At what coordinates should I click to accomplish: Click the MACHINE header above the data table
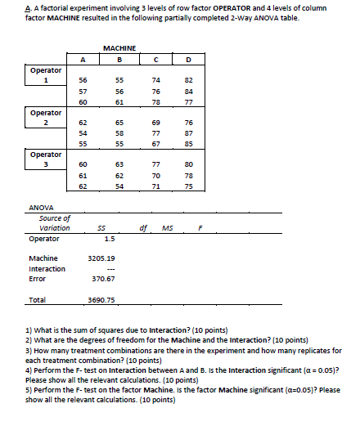[x=120, y=48]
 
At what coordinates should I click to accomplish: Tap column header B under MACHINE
[x=120, y=58]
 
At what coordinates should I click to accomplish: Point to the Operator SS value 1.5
[x=109, y=239]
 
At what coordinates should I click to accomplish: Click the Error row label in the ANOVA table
[x=37, y=278]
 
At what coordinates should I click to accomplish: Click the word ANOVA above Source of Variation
[x=40, y=208]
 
